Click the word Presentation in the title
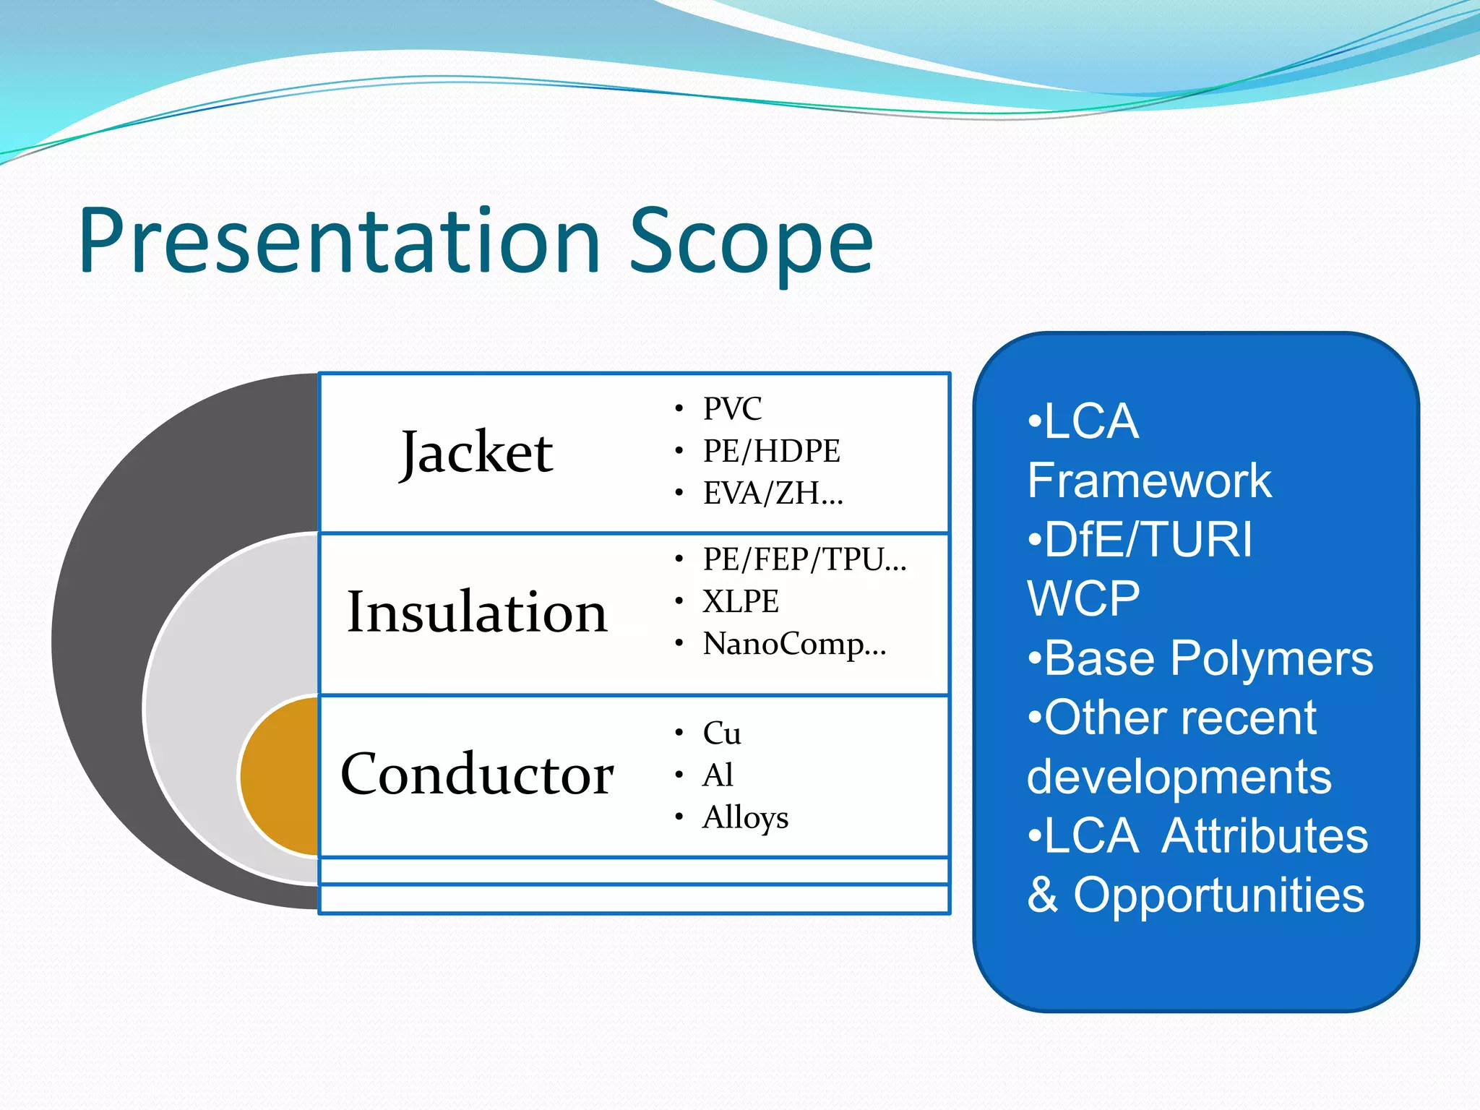(x=340, y=242)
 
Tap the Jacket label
(x=477, y=453)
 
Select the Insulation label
(x=477, y=613)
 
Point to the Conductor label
(x=477, y=775)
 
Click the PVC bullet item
(x=732, y=409)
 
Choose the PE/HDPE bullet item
(x=771, y=451)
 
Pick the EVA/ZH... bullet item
(x=773, y=494)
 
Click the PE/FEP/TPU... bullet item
(x=804, y=559)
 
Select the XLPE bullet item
(x=741, y=601)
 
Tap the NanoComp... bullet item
(x=793, y=644)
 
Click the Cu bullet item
(x=722, y=733)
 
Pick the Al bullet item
(x=718, y=775)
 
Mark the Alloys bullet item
(x=745, y=818)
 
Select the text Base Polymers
(x=1208, y=659)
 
